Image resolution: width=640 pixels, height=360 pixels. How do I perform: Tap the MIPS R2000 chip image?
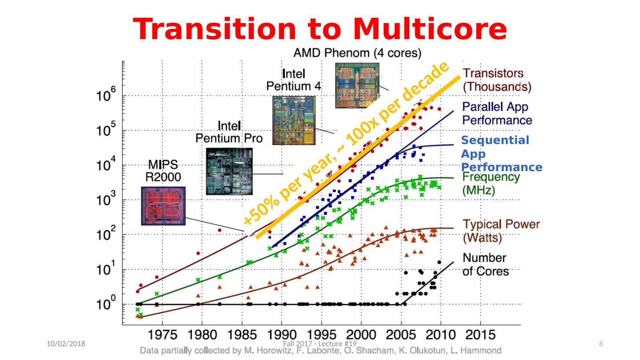[163, 205]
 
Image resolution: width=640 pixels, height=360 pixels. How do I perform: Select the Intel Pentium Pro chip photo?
[229, 171]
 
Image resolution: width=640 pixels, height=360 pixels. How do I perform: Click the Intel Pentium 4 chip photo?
[293, 120]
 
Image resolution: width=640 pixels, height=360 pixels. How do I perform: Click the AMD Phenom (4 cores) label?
[357, 53]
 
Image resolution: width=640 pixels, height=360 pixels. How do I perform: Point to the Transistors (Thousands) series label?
[497, 80]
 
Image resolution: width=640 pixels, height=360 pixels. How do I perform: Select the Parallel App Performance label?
[497, 113]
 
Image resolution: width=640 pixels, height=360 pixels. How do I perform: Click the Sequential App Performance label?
[501, 154]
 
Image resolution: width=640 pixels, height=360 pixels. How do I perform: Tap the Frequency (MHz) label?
[491, 184]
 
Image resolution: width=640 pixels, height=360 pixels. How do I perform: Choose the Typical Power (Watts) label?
[501, 231]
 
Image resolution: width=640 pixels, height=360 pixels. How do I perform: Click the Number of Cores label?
[485, 264]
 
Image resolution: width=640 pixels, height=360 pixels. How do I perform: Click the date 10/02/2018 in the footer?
[67, 344]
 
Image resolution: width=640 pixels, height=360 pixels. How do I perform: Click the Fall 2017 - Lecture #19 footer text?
[320, 344]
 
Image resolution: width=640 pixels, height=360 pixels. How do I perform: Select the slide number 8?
[601, 344]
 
